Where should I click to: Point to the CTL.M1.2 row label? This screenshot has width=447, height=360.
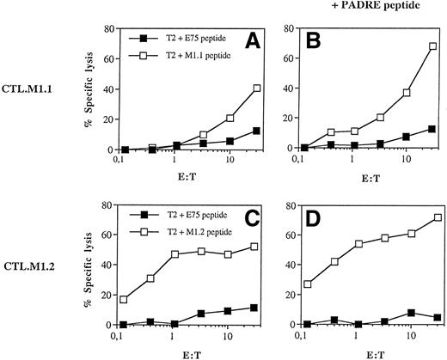[x=32, y=284]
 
